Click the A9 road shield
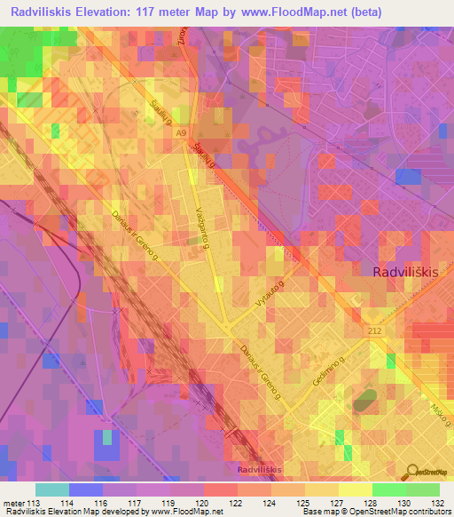point(181,133)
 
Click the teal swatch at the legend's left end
point(51,489)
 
